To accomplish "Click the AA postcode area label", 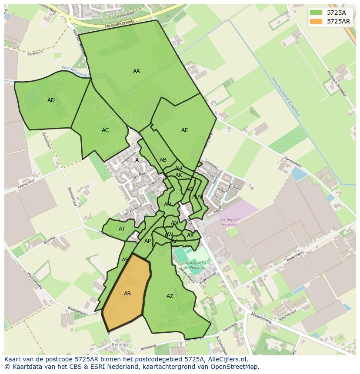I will click(x=137, y=71).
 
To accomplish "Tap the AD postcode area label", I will click(x=51, y=100).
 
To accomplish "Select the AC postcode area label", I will click(x=105, y=130).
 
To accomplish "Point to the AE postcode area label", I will click(x=185, y=130).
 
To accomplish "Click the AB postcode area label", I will click(x=163, y=160).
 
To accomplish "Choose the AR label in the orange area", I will click(x=127, y=294).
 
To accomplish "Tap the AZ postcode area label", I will click(x=170, y=296).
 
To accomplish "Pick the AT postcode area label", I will click(x=122, y=229).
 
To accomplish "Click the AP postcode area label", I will click(x=148, y=241).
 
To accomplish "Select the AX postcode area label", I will click(x=190, y=235).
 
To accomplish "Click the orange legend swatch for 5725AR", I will click(x=316, y=21).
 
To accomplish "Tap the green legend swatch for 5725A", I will click(x=316, y=13).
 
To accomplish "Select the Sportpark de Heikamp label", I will click(x=194, y=265).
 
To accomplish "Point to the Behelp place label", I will click(x=119, y=345).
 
